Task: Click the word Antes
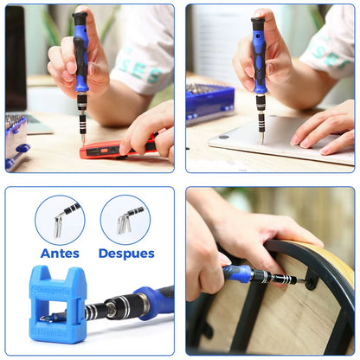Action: [60, 254]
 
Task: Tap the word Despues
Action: [126, 254]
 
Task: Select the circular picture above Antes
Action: [60, 219]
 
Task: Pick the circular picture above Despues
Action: [125, 219]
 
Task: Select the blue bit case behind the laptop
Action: [209, 102]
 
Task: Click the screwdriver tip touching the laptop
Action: [262, 138]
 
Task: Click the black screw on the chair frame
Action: [310, 280]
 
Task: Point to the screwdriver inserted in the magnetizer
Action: [130, 305]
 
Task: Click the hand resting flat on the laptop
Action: [325, 130]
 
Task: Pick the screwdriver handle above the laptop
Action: [259, 56]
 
